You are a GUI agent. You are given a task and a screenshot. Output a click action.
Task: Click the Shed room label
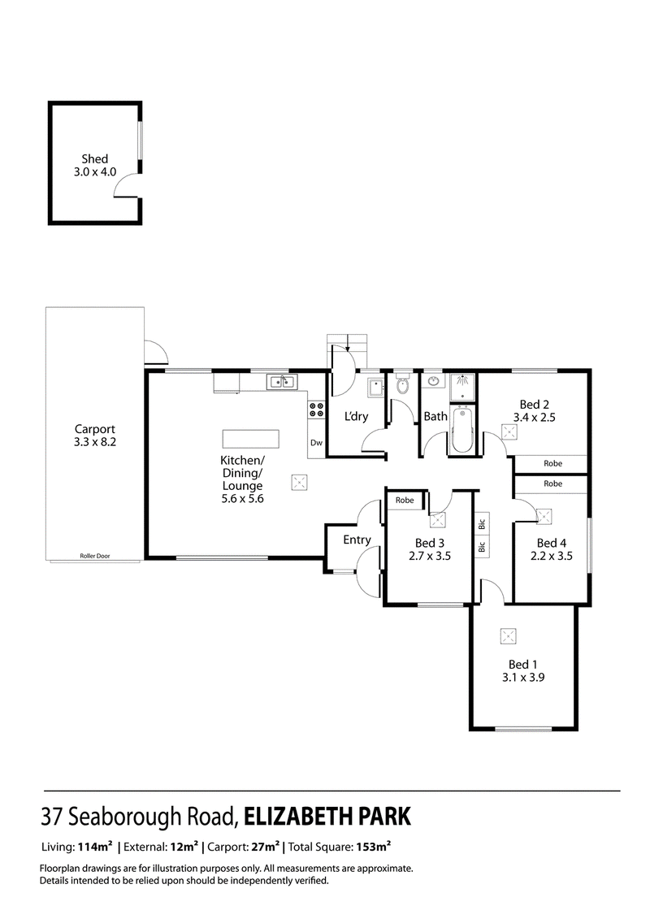pyautogui.click(x=94, y=159)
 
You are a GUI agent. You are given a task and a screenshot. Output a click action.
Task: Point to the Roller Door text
pyautogui.click(x=94, y=556)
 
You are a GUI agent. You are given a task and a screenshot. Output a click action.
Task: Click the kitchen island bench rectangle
pyautogui.click(x=250, y=439)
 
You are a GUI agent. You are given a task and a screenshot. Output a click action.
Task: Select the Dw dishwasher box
pyautogui.click(x=316, y=443)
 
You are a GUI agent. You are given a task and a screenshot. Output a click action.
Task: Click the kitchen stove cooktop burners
pyautogui.click(x=316, y=410)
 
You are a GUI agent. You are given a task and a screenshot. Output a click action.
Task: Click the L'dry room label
pyautogui.click(x=357, y=417)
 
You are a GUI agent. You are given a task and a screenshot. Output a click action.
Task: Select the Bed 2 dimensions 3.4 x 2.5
pyautogui.click(x=532, y=418)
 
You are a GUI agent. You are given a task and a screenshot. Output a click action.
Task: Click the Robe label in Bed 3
pyautogui.click(x=405, y=501)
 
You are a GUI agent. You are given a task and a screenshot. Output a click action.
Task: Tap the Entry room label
pyautogui.click(x=357, y=540)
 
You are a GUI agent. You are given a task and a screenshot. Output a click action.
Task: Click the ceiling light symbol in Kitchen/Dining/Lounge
pyautogui.click(x=300, y=482)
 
